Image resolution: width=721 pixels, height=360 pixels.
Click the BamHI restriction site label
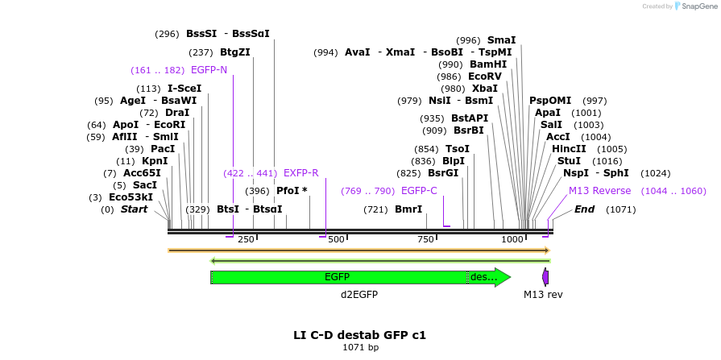tap(488, 64)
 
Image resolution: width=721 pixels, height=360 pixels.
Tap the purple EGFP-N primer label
tap(209, 70)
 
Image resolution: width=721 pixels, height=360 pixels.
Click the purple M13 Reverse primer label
tap(599, 191)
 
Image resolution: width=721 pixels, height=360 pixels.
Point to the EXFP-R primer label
tap(300, 173)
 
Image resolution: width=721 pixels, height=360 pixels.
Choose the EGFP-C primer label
tap(419, 191)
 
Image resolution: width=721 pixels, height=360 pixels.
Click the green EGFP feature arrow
tap(338, 277)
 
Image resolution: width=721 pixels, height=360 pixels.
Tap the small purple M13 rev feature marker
tap(545, 277)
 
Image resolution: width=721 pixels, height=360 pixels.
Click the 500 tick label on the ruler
tap(337, 239)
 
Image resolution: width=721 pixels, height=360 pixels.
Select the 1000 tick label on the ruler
tap(512, 239)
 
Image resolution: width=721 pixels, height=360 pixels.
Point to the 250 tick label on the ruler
tap(246, 239)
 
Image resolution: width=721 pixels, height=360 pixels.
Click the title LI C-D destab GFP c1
tap(359, 334)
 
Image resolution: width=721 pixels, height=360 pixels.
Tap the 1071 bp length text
tap(360, 348)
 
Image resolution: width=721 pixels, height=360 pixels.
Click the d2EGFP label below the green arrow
tap(359, 295)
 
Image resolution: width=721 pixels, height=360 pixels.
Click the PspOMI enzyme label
tap(550, 101)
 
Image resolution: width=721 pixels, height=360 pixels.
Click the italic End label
tap(584, 209)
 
